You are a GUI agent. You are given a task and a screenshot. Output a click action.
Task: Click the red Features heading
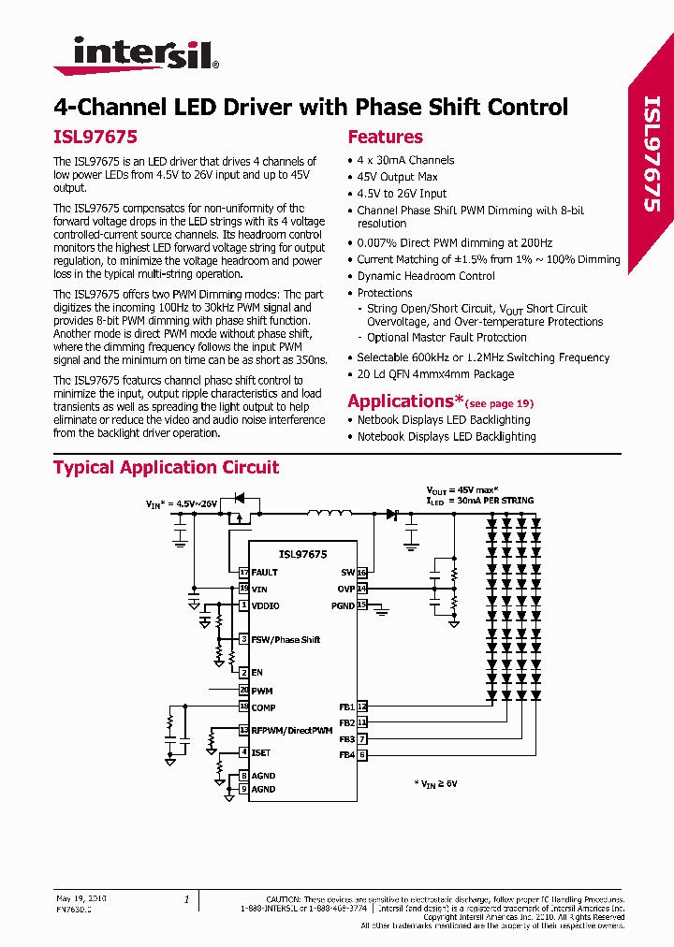(385, 137)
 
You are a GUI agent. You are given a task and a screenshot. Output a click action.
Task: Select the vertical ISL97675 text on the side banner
(652, 154)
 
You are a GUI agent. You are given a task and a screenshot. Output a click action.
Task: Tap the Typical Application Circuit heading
(166, 467)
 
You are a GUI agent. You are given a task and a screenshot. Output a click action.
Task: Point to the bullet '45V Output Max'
(397, 177)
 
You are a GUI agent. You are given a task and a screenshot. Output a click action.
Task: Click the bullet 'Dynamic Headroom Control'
(426, 276)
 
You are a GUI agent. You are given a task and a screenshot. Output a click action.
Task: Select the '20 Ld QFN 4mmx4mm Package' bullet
(435, 374)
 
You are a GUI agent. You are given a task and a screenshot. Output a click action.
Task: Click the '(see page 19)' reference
(499, 403)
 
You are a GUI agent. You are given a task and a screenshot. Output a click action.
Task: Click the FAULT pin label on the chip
(265, 572)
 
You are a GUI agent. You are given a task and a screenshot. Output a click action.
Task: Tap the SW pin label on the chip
(347, 572)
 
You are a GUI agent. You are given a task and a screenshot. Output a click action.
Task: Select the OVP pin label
(346, 589)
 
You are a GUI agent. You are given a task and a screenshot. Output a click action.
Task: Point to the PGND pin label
(343, 605)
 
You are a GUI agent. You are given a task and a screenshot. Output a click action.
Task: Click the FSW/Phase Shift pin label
(286, 639)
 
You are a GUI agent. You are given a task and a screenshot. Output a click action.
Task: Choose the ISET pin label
(261, 752)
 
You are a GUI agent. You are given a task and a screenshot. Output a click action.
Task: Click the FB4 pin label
(346, 754)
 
